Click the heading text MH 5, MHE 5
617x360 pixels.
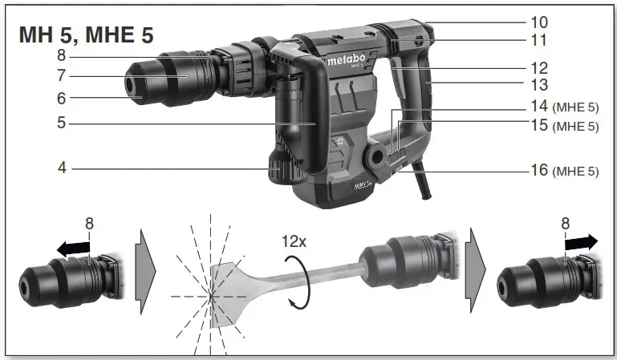point(85,35)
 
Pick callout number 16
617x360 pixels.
point(538,170)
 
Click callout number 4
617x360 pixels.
point(61,169)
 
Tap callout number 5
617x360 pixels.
point(61,123)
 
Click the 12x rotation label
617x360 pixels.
point(292,241)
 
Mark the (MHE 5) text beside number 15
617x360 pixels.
point(575,126)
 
